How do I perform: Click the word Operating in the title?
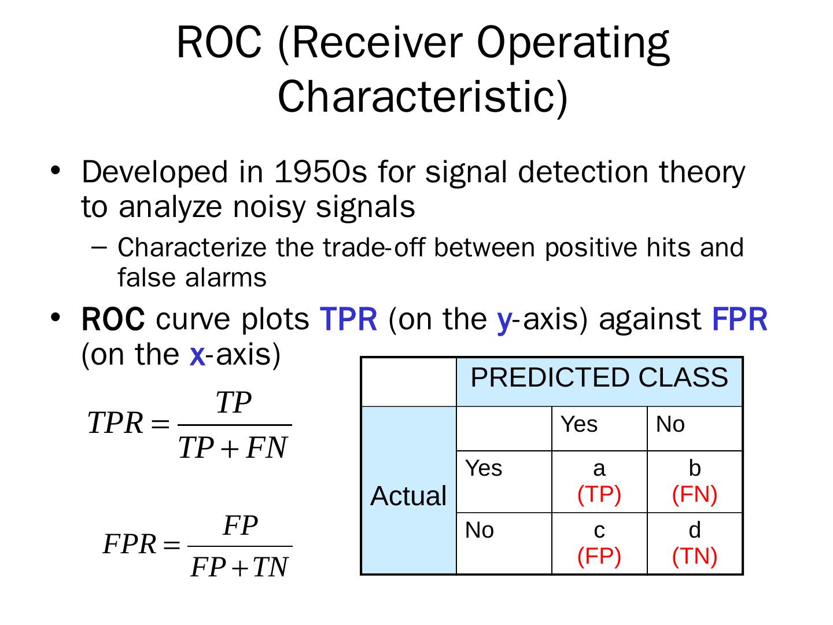point(573,43)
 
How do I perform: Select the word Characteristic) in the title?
point(422,97)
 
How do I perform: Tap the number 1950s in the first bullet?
point(320,172)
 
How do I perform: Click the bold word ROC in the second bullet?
point(113,319)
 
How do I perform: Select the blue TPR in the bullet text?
point(349,319)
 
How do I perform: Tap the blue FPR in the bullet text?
point(740,319)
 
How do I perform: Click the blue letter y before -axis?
point(505,322)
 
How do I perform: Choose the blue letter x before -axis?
point(197,356)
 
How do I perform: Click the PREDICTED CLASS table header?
point(599,377)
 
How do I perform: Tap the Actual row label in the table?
point(408,495)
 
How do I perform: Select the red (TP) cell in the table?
point(599,494)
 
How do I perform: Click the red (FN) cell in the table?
point(694,494)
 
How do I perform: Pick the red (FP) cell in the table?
point(599,556)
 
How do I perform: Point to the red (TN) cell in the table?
point(694,556)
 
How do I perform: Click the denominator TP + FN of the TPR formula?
point(233,448)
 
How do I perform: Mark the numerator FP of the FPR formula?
point(240,525)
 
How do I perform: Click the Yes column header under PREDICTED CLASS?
point(578,424)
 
